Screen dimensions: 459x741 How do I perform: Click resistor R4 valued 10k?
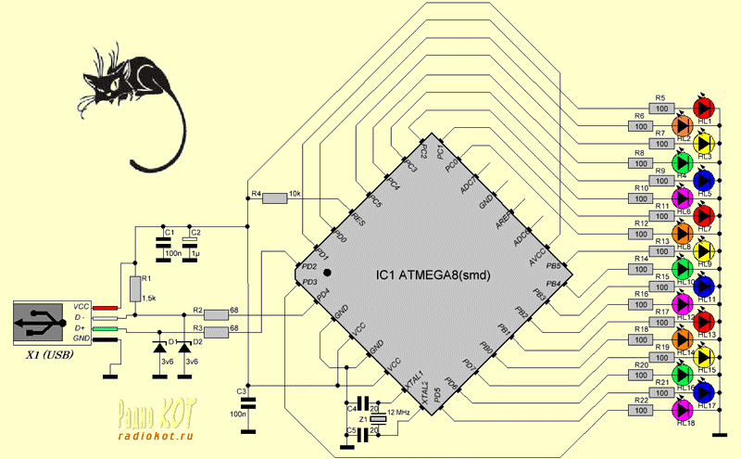(276, 197)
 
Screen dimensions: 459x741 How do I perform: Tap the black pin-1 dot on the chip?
(326, 273)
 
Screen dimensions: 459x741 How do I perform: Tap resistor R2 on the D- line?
(215, 312)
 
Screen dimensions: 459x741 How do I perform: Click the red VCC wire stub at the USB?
(106, 307)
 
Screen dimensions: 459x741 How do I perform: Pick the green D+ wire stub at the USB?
(106, 328)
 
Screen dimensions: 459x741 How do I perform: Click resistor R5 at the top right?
(660, 108)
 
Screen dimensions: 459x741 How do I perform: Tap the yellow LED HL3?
(704, 143)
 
